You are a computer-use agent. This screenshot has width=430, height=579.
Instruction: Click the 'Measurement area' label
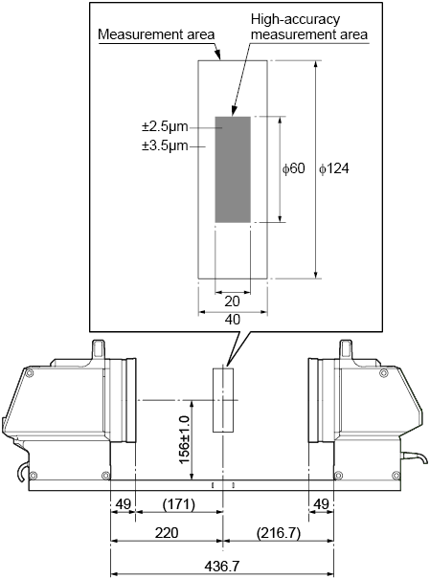coord(156,34)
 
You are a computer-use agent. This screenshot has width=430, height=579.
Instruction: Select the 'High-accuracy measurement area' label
coord(308,27)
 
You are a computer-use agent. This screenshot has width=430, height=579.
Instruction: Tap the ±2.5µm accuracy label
coord(165,127)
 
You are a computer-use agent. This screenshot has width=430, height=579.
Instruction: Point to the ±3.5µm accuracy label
coord(165,145)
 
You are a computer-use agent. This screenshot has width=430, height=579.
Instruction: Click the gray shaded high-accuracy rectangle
coord(233,169)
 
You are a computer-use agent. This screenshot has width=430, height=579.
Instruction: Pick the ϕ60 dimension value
coord(294,168)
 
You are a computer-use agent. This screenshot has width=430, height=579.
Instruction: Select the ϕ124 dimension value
coord(334,168)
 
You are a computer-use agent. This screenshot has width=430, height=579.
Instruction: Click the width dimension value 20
coord(232,301)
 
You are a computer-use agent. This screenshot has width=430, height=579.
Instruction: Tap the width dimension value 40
coord(233,319)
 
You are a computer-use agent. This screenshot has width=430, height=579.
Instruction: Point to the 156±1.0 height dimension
coord(184,439)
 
